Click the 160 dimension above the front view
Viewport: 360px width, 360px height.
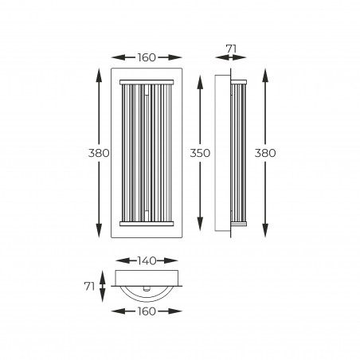[x=147, y=57]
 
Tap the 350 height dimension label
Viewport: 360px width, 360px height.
[x=200, y=153]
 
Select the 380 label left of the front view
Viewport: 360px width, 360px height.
[x=99, y=153]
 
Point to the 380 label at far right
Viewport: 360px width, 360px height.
[x=265, y=153]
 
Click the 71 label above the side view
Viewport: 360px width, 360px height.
[x=231, y=49]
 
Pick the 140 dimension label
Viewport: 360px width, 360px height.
[x=147, y=260]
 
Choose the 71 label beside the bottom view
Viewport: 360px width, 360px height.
[x=89, y=286]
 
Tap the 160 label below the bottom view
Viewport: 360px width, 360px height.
[x=147, y=311]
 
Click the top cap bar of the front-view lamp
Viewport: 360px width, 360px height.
[x=147, y=82]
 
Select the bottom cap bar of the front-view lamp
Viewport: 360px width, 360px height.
[x=147, y=224]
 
